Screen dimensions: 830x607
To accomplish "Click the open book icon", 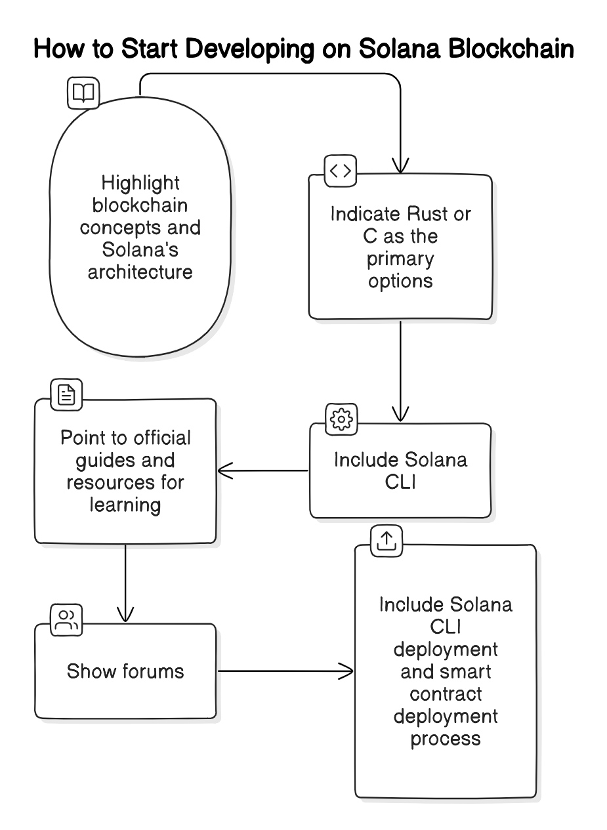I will click(x=83, y=93).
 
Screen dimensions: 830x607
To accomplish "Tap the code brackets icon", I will click(x=341, y=171).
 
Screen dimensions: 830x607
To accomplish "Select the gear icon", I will click(x=341, y=419).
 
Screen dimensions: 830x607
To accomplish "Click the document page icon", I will click(x=67, y=394).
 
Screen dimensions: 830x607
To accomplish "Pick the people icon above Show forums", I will click(x=67, y=620).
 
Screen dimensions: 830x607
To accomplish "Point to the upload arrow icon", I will click(x=387, y=540).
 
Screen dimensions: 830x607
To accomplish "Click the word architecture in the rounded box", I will click(x=140, y=272).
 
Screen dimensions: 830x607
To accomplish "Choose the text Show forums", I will click(x=125, y=671).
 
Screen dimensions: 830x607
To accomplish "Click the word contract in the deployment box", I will click(x=446, y=694).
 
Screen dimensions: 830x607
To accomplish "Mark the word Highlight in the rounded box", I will click(x=140, y=182).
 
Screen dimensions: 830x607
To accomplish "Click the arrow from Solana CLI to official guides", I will click(x=262, y=470).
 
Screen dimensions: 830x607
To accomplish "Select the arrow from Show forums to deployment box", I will click(x=285, y=671).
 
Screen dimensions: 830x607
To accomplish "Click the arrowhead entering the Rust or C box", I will click(x=400, y=166).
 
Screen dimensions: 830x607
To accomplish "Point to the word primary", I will click(x=400, y=258).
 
